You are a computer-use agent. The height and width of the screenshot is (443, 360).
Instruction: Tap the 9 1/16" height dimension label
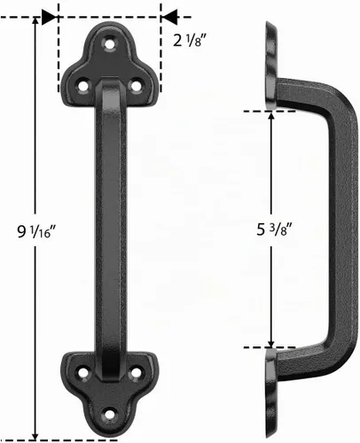pyautogui.click(x=36, y=231)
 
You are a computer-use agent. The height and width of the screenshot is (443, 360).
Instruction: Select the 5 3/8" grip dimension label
pyautogui.click(x=274, y=229)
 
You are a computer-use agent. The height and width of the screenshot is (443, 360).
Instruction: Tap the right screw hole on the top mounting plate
pyautogui.click(x=136, y=86)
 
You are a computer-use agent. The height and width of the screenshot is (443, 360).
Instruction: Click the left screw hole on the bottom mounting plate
pyautogui.click(x=83, y=373)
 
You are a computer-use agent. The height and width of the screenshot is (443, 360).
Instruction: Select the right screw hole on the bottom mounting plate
pyautogui.click(x=136, y=373)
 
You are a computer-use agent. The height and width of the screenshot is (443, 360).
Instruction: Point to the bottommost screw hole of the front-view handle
pyautogui.click(x=110, y=415)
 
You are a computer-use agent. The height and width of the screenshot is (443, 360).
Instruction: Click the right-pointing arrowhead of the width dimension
pyautogui.click(x=49, y=17)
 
